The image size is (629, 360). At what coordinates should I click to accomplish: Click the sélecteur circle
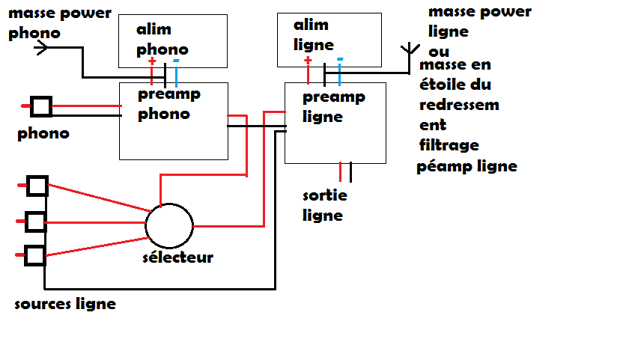tap(145, 226)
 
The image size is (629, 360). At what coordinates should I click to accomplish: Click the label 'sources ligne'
tap(65, 304)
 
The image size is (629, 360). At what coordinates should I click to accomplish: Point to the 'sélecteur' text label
tap(177, 257)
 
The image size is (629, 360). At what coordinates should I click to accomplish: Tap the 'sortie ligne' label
tap(324, 205)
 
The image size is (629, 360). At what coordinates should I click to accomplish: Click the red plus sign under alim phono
tap(152, 61)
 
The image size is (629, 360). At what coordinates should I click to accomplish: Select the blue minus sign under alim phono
tap(176, 61)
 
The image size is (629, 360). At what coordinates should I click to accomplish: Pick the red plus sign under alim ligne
tap(308, 60)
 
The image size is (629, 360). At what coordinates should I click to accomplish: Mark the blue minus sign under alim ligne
tap(340, 59)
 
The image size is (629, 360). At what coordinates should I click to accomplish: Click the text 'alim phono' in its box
tap(162, 39)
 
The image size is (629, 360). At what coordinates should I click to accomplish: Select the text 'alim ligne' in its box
tap(313, 35)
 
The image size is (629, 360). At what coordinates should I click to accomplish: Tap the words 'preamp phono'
tap(169, 104)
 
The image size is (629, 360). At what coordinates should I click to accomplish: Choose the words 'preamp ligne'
tap(334, 106)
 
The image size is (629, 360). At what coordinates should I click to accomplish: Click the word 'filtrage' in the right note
tap(449, 145)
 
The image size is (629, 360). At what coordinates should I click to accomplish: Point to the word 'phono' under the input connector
tap(43, 134)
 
